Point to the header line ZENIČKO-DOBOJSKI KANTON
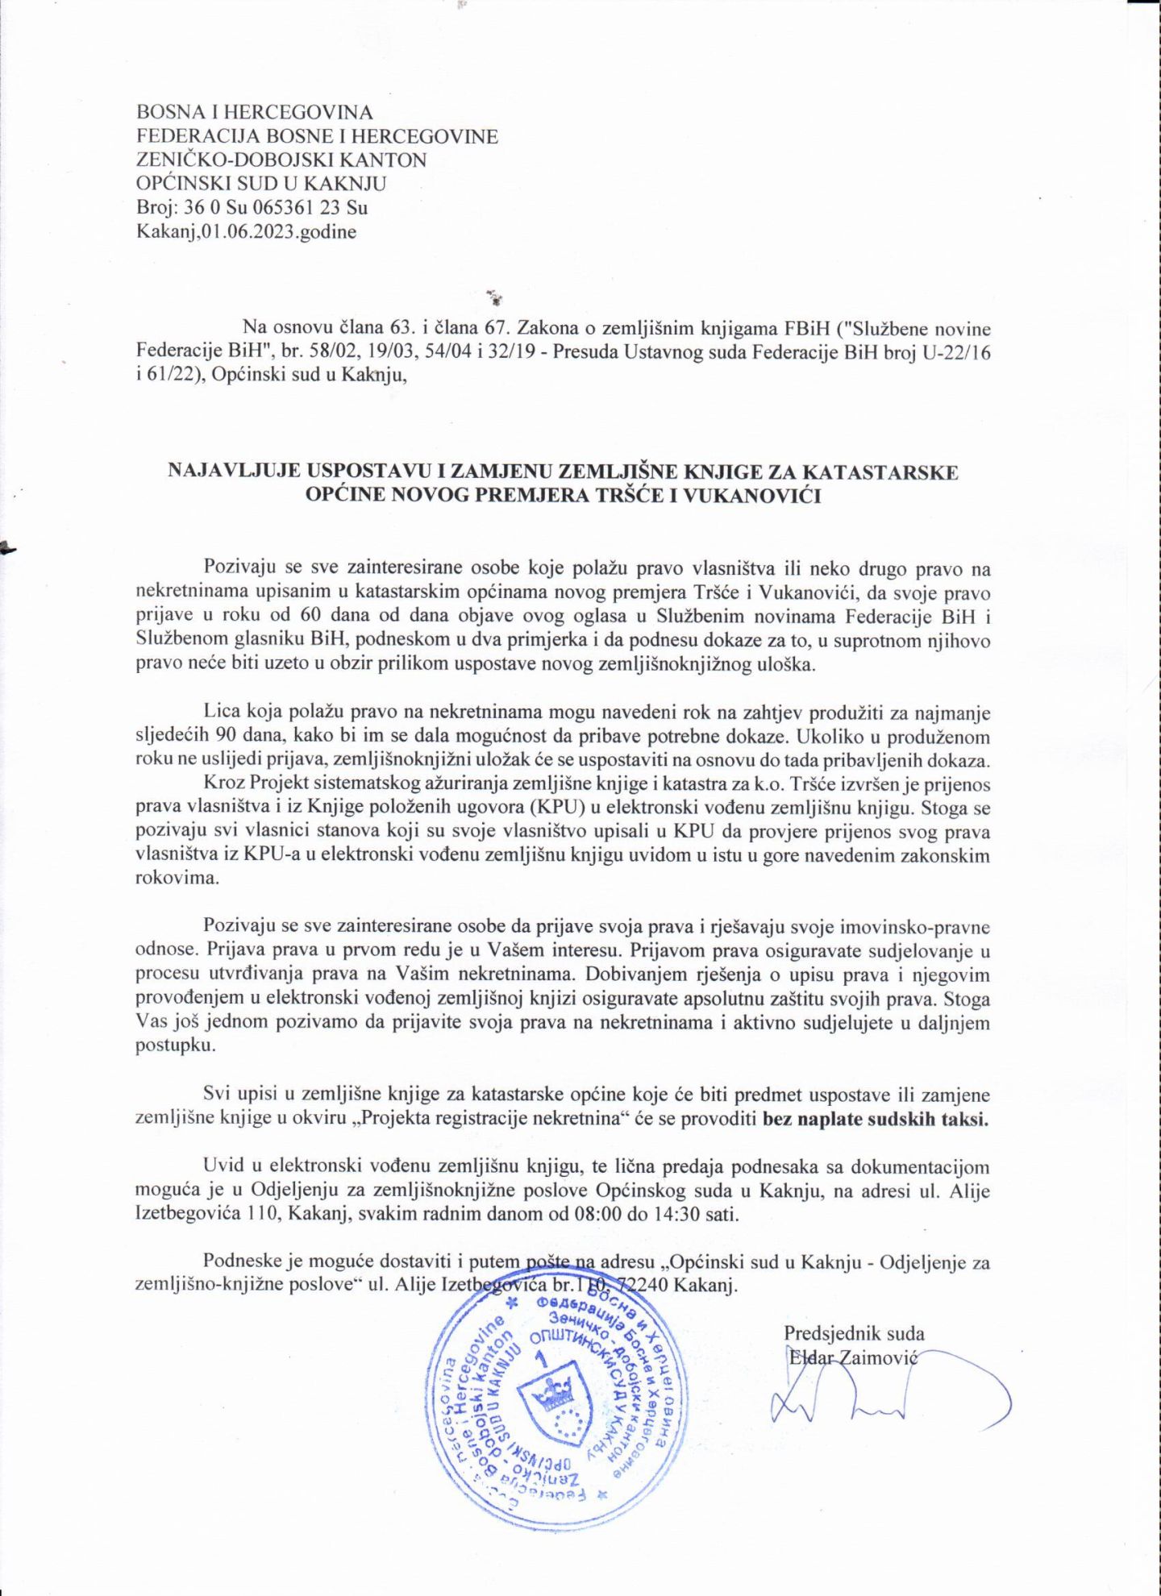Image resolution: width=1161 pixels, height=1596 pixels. (281, 160)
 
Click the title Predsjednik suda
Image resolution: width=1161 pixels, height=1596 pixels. (854, 1333)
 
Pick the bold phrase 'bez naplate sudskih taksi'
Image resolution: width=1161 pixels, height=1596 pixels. (875, 1119)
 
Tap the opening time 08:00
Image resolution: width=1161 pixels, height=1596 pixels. (597, 1214)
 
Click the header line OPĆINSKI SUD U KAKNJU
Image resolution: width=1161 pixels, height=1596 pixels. (261, 184)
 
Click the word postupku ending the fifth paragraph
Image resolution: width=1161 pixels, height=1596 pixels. (164, 1046)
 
